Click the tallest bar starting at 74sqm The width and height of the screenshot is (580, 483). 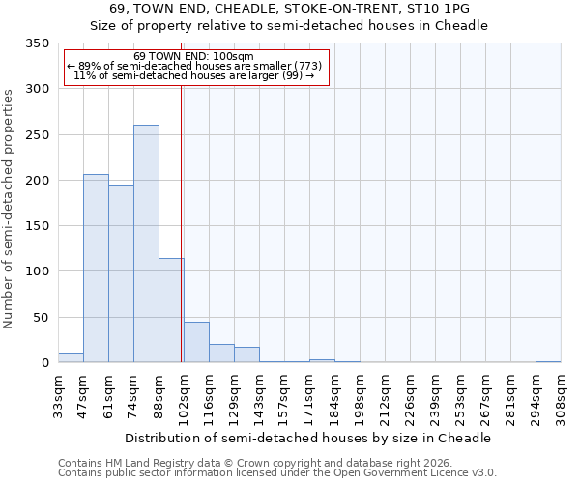point(146,243)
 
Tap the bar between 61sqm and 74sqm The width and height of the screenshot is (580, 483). point(121,274)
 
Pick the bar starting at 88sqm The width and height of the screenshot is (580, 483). point(171,310)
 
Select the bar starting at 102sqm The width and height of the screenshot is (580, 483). point(196,342)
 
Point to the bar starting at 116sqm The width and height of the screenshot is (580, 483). point(221,354)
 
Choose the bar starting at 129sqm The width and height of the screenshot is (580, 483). point(246,355)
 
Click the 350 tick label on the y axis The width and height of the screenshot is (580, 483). point(36,43)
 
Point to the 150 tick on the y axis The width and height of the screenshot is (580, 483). point(36,226)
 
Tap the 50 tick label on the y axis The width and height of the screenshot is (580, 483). point(40,317)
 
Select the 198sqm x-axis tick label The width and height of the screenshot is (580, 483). point(360,398)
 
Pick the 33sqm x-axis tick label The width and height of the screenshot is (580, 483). point(58,398)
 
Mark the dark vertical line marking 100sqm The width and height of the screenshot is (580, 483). point(182,222)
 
